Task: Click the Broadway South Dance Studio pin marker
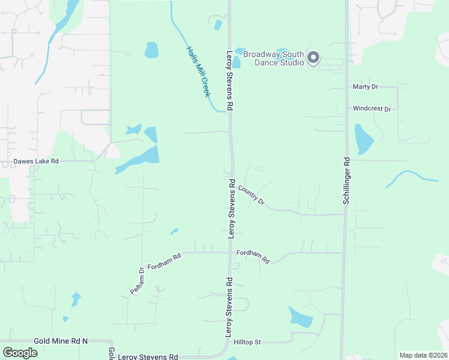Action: pyautogui.click(x=313, y=58)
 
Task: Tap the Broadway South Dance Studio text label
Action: pyautogui.click(x=274, y=58)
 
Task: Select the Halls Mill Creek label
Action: pyautogui.click(x=198, y=71)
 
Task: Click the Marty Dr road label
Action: pyautogui.click(x=366, y=87)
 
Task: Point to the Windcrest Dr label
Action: pyautogui.click(x=372, y=109)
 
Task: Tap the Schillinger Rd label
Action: pyautogui.click(x=346, y=181)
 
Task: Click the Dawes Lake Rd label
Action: pyautogui.click(x=37, y=161)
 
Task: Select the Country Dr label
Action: pyautogui.click(x=252, y=196)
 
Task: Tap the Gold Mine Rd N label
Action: pyautogui.click(x=61, y=341)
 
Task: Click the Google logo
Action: pyautogui.click(x=20, y=352)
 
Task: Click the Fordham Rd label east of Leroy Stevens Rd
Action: pyautogui.click(x=253, y=256)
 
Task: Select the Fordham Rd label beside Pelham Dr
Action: pyautogui.click(x=164, y=262)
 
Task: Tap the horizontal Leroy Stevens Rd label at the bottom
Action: pyautogui.click(x=148, y=356)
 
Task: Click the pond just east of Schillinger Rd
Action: pyautogui.click(x=363, y=139)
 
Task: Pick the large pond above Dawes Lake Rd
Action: pyautogui.click(x=142, y=158)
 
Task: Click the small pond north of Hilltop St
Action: pyautogui.click(x=300, y=316)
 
